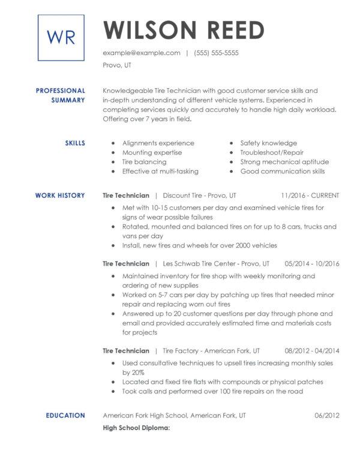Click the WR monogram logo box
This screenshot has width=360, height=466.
click(x=61, y=38)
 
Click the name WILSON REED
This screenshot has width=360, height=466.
click(x=184, y=30)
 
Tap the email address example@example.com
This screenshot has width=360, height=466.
click(x=142, y=53)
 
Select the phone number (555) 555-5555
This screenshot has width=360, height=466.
click(x=216, y=53)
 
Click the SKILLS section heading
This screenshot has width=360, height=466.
click(x=74, y=143)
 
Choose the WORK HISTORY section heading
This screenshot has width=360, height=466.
click(x=60, y=196)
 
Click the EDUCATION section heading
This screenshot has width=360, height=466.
click(x=65, y=415)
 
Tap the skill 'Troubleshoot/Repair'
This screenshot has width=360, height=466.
click(x=272, y=152)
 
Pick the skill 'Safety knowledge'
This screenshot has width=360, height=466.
click(x=268, y=143)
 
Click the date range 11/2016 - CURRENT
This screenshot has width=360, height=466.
click(x=310, y=196)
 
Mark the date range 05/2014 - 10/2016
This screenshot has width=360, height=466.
click(x=312, y=263)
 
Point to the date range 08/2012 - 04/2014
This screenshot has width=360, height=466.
click(x=312, y=351)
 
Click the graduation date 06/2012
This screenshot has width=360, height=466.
click(x=326, y=415)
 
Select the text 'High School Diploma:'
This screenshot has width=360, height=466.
click(x=137, y=428)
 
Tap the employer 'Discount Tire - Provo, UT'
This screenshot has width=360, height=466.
click(x=199, y=196)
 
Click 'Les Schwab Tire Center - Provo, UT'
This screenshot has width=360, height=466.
click(x=216, y=263)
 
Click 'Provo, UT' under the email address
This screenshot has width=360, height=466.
click(x=117, y=65)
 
